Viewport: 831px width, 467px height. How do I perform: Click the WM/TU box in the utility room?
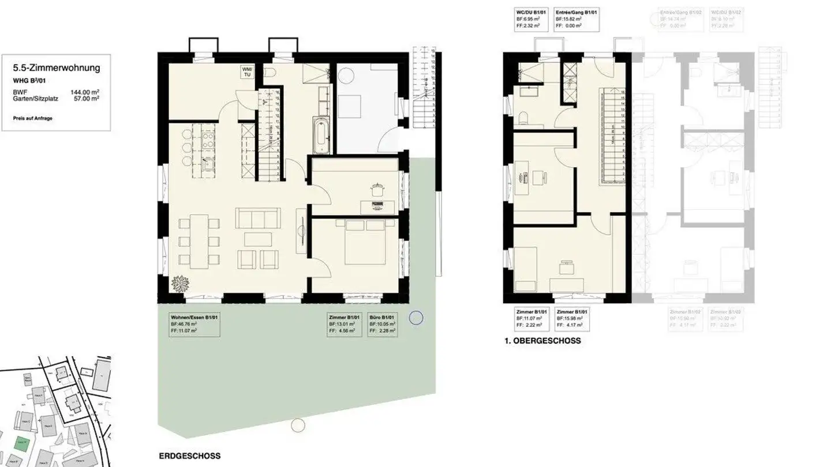point(247,71)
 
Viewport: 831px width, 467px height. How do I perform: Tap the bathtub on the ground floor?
point(319,135)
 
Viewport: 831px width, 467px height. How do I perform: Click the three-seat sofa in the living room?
point(254,219)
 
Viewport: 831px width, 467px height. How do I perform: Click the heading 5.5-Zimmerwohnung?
point(57,68)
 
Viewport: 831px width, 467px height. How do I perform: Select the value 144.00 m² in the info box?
point(84,92)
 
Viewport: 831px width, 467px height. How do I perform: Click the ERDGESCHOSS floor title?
point(189,456)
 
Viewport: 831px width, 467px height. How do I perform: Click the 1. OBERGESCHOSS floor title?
point(542,341)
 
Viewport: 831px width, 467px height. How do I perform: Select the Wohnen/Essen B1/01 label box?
point(193,325)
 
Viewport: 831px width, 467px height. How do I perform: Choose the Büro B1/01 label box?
point(382,325)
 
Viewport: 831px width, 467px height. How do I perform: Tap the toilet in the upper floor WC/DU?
point(523,119)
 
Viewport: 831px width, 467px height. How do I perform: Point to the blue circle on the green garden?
point(415,318)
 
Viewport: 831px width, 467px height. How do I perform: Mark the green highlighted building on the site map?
point(22,443)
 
